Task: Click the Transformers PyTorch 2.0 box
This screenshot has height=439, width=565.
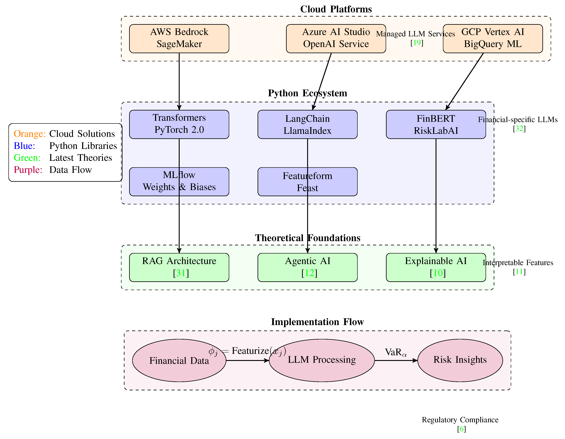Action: coord(179,124)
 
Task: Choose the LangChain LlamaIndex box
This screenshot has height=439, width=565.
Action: coord(307,124)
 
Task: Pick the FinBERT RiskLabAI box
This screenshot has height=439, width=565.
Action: coord(436,124)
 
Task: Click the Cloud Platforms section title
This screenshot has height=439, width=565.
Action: coord(336,9)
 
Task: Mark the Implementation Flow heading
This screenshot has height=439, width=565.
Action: coord(317,322)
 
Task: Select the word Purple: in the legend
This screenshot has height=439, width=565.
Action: coord(28,170)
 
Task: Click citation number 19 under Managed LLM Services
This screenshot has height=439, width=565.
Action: coord(417,43)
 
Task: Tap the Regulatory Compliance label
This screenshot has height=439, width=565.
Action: coord(460,420)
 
